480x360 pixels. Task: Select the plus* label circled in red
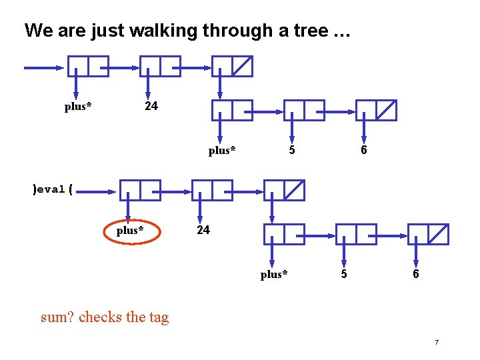click(130, 231)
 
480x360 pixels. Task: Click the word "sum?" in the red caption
click(57, 317)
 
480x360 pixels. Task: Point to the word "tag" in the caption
click(159, 318)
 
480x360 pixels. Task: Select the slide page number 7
click(436, 343)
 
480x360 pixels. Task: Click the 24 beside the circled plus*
click(203, 230)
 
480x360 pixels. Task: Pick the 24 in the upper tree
click(151, 106)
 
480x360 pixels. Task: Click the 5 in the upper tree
click(292, 150)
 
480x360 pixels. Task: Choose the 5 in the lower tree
click(344, 274)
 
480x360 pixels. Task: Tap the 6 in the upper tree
click(363, 150)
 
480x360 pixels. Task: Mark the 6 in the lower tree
click(416, 274)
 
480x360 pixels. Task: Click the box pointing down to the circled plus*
click(130, 190)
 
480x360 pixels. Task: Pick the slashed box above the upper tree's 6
click(385, 111)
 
